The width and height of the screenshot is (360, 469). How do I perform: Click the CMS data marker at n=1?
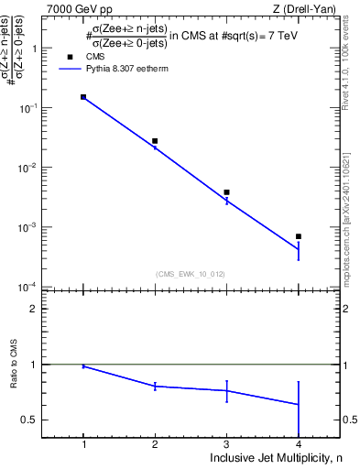[x=83, y=96]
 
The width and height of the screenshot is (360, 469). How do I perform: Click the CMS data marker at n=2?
[x=155, y=141]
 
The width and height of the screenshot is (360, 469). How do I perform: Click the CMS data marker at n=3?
[x=226, y=192]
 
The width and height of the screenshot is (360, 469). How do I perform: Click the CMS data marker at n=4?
[x=299, y=236]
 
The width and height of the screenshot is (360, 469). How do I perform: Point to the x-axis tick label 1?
[x=83, y=443]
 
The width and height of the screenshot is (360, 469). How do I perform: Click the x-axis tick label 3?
[x=226, y=443]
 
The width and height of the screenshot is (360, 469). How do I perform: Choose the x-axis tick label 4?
[x=299, y=443]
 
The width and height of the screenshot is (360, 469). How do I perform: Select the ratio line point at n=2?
[x=155, y=387]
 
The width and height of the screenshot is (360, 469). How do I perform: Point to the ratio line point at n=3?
[x=226, y=391]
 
